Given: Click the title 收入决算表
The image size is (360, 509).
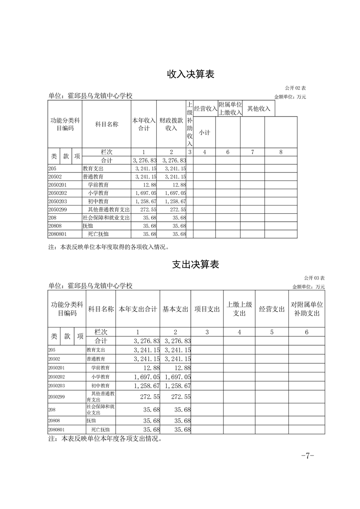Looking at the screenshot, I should tap(191, 74).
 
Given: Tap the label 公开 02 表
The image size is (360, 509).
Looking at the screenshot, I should tap(296, 87).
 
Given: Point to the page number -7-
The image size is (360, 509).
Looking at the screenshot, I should tap(308, 456).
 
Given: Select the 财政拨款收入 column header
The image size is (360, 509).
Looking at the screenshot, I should tap(171, 124).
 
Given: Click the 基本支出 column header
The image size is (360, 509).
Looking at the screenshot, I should tap(175, 309).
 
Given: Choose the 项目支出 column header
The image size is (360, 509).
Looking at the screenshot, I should tap(207, 309).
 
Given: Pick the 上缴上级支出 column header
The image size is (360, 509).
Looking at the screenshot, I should tap(239, 309).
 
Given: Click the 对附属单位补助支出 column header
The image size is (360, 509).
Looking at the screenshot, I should tap(306, 309).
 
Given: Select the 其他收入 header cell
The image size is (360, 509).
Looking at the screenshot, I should tap(259, 108).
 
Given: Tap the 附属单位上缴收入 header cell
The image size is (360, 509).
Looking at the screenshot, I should tap(230, 108).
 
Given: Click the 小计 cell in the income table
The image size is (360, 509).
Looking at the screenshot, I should tap(204, 132).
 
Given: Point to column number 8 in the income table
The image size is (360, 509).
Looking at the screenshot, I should tap(281, 152).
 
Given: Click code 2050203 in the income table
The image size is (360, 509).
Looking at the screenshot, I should tap(57, 201).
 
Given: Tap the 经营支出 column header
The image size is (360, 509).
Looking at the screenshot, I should tap(272, 309).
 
